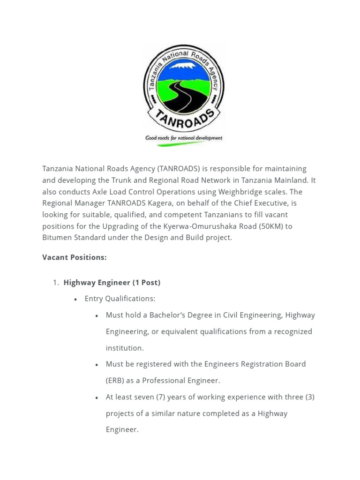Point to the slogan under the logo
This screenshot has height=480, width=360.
coord(184,138)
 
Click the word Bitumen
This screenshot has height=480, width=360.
coord(56,238)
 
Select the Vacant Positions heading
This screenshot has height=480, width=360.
coord(75,257)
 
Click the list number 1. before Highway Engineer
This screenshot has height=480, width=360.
coord(55,283)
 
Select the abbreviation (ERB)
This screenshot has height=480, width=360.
coord(115,381)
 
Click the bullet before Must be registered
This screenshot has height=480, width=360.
coord(97,365)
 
